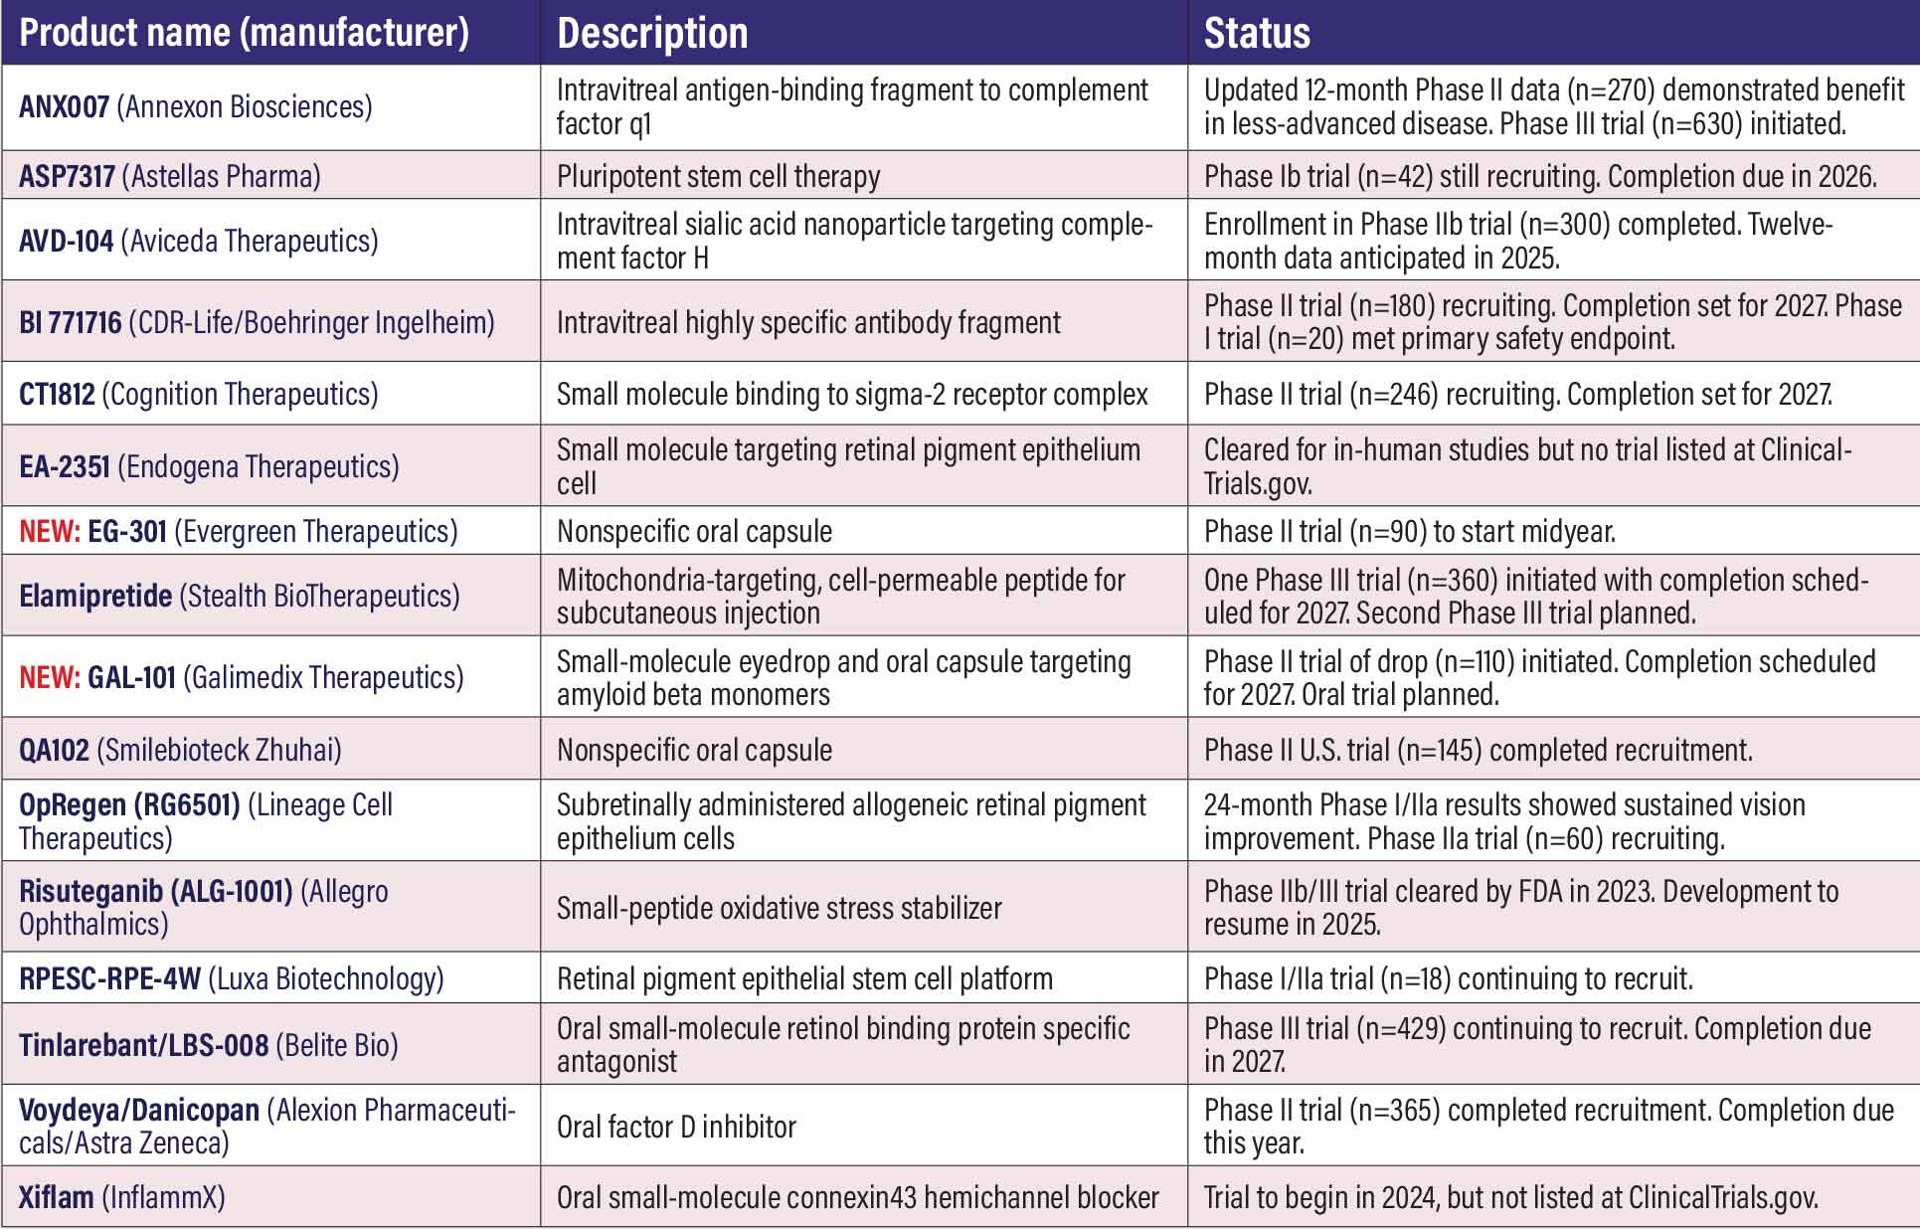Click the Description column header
pos(652,34)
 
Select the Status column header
pos(1257,34)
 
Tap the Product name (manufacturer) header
pos(244,34)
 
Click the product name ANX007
pos(64,107)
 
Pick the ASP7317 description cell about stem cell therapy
pos(718,177)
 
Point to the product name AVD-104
pos(66,242)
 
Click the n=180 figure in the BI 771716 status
pos(1392,306)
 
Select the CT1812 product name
pos(57,395)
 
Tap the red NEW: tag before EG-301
pos(50,532)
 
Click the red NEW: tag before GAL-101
pos(50,678)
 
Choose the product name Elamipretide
pos(95,597)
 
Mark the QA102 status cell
pos(1478,751)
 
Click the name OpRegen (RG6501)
pos(129,805)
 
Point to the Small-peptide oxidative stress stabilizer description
pos(779,909)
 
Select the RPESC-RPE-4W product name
pos(109,979)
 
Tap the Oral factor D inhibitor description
pos(676,1128)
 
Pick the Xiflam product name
pos(56,1197)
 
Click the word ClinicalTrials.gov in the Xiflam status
pos(1722,1198)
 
